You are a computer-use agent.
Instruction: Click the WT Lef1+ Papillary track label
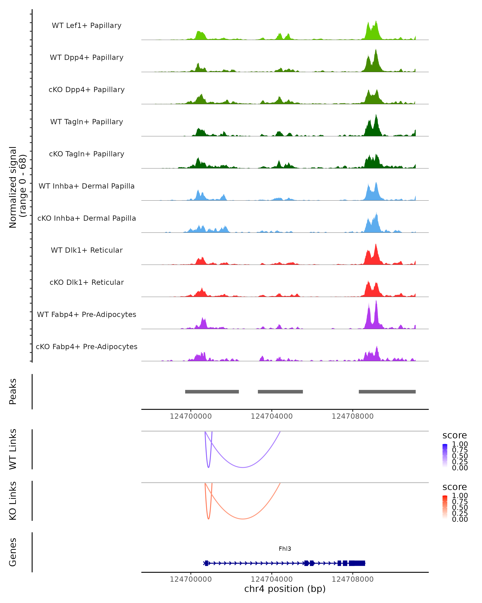(87, 26)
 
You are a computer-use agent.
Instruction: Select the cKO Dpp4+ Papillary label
(87, 90)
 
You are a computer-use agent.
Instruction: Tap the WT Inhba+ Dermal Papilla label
(87, 186)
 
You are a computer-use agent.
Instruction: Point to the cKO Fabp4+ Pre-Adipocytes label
(87, 347)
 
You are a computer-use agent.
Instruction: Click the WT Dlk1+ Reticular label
(87, 250)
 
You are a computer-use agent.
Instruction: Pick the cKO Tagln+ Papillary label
(87, 154)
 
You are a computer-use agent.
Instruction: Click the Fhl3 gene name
(285, 549)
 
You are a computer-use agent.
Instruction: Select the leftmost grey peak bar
(212, 392)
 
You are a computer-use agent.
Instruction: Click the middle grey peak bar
(280, 392)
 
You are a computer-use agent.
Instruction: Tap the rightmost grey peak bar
(387, 392)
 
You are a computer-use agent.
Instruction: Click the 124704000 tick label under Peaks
(272, 416)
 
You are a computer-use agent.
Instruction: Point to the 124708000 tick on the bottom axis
(353, 579)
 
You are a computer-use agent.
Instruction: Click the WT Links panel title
(13, 449)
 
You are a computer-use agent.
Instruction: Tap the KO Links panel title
(13, 501)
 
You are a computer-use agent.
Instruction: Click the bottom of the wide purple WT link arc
(243, 467)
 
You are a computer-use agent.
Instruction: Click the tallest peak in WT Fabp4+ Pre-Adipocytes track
(376, 301)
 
